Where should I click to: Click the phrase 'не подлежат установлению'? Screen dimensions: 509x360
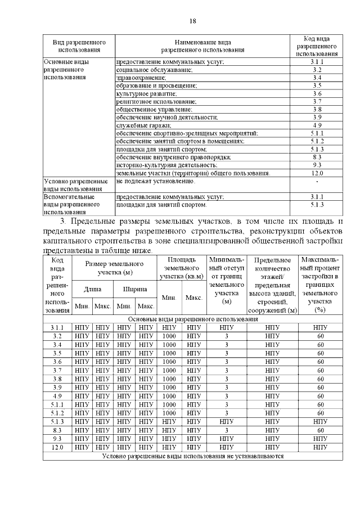(155, 182)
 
